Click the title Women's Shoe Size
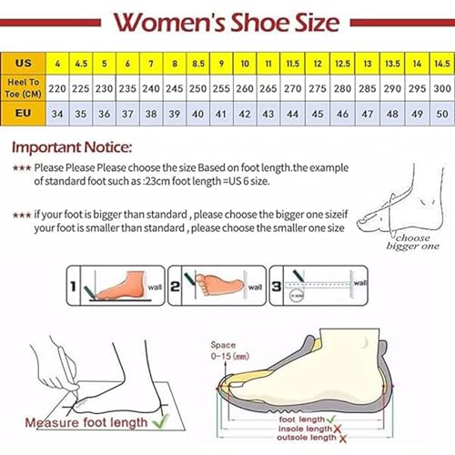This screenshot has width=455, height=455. (x=227, y=21)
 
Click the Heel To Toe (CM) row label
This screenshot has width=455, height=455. (x=24, y=88)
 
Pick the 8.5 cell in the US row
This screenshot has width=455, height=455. (x=197, y=65)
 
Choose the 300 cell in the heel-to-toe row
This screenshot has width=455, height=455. (x=441, y=88)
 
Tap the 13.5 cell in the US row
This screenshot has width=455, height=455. (x=392, y=65)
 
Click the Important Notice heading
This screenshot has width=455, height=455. (x=72, y=147)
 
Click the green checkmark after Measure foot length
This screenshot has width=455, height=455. (x=161, y=422)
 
